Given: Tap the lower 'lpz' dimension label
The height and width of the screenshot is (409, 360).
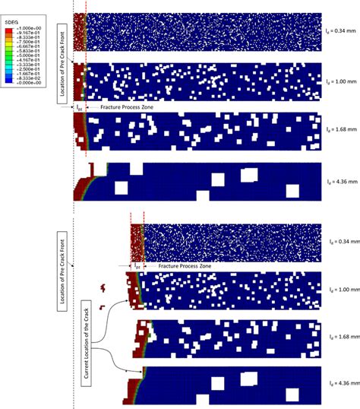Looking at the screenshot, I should [x=137, y=267].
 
